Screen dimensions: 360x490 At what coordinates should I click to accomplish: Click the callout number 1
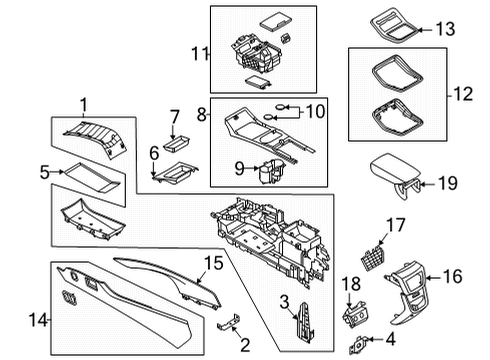coord(84,103)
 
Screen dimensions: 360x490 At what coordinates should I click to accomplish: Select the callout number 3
coord(286,303)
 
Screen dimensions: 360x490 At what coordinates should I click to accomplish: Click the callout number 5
coord(44,172)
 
